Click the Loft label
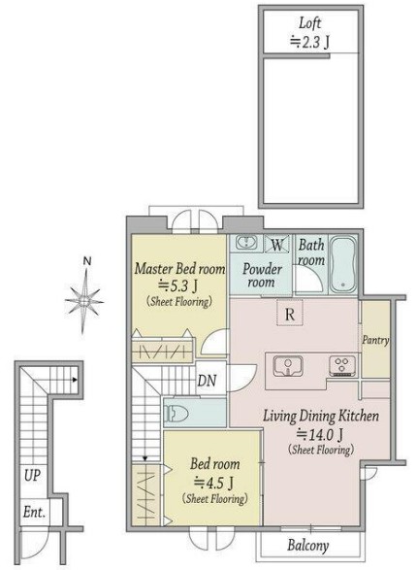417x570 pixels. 310,23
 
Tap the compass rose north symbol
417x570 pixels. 84,296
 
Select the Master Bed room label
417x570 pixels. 180,269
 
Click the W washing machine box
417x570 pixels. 277,244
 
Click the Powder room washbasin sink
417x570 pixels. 246,242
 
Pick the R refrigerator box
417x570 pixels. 290,313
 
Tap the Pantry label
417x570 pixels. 375,341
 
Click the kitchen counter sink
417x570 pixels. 288,366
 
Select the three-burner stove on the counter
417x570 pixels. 342,366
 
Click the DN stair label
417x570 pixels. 207,381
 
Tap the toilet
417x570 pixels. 176,414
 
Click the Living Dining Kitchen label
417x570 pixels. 321,416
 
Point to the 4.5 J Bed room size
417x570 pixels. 213,483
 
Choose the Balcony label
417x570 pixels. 308,546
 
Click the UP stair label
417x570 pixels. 32,475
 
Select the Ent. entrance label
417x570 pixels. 35,512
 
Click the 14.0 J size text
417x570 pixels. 320,434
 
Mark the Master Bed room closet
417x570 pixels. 162,350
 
